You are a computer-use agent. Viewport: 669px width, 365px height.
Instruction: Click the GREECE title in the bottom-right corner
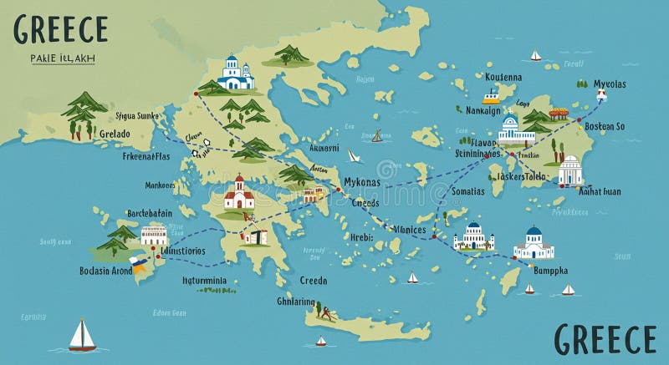(x=605, y=339)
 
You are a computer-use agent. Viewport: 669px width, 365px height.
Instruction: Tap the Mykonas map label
(x=361, y=183)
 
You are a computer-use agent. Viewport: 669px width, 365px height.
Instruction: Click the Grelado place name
(x=115, y=134)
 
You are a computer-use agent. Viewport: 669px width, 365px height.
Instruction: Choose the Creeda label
(x=314, y=281)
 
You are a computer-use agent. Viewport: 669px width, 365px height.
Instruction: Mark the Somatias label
(x=466, y=191)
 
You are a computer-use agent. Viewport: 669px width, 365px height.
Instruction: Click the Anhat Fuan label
(x=600, y=191)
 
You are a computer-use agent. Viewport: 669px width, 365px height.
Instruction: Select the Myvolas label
(x=609, y=84)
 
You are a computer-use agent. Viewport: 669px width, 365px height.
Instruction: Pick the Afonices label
(x=409, y=230)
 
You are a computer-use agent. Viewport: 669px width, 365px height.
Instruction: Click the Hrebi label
(x=361, y=238)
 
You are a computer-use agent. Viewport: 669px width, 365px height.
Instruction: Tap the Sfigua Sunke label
(x=136, y=116)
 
